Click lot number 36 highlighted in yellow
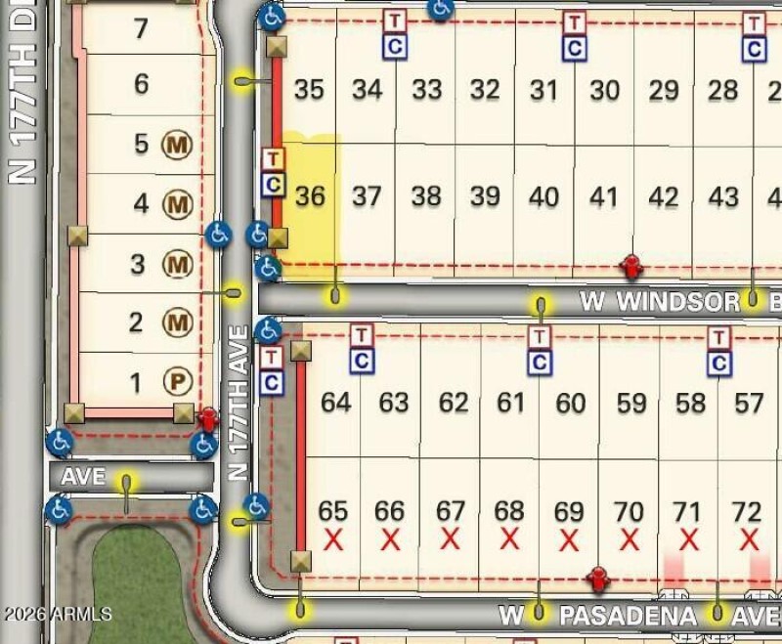(x=310, y=196)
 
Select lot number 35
(x=309, y=90)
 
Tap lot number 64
(x=335, y=402)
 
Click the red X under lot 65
(x=333, y=538)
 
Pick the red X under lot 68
(x=509, y=538)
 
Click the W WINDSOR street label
(x=659, y=302)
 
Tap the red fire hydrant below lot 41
(x=631, y=265)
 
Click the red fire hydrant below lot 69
(x=599, y=579)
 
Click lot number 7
(x=141, y=29)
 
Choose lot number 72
(x=747, y=511)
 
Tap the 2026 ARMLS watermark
(x=57, y=615)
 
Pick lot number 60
(x=571, y=402)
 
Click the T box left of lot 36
(x=274, y=158)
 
